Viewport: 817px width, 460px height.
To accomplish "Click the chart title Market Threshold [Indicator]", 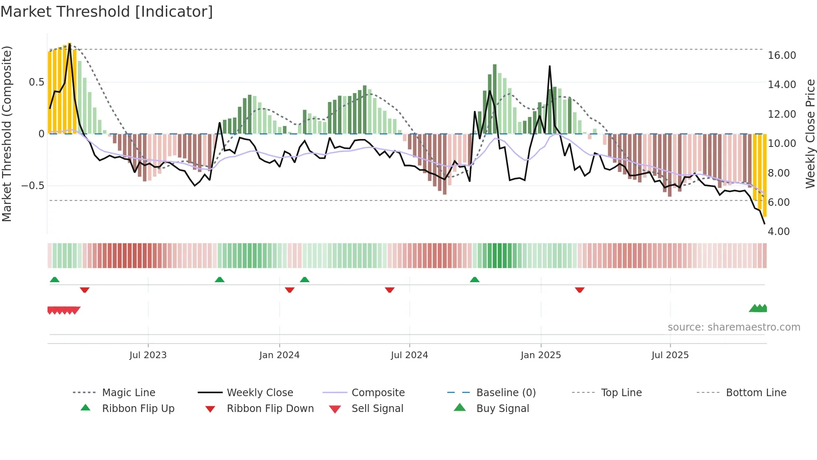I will pyautogui.click(x=107, y=12).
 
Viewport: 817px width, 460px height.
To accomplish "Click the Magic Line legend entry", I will pyautogui.click(x=128, y=392).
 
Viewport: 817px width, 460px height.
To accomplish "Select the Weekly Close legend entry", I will pyautogui.click(x=260, y=392).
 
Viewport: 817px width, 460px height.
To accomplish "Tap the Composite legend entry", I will pyautogui.click(x=378, y=392).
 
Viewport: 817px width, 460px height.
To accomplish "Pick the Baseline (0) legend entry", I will pyautogui.click(x=506, y=392).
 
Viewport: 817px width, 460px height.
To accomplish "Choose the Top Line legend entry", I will pyautogui.click(x=621, y=392).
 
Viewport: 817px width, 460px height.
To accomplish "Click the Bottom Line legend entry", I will pyautogui.click(x=756, y=392).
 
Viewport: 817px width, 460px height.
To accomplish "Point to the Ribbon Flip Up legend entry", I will pyautogui.click(x=138, y=408).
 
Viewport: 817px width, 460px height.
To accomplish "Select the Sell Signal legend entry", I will pyautogui.click(x=377, y=408).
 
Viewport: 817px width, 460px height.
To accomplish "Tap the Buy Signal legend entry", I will pyautogui.click(x=502, y=408).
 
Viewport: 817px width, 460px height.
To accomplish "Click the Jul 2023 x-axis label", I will pyautogui.click(x=148, y=355).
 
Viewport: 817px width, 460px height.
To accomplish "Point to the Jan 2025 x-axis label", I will pyautogui.click(x=541, y=355).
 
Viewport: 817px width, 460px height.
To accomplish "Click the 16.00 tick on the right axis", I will pyautogui.click(x=782, y=55).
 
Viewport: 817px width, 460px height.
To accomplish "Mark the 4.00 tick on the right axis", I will pyautogui.click(x=779, y=231).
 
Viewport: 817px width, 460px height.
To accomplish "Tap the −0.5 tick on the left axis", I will pyautogui.click(x=33, y=185).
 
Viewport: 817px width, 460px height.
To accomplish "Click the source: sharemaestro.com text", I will pyautogui.click(x=734, y=327).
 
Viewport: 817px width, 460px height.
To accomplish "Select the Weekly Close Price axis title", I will pyautogui.click(x=810, y=134).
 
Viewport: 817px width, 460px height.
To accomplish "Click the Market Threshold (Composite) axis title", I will pyautogui.click(x=7, y=134).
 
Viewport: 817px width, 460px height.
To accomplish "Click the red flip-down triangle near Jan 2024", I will pyautogui.click(x=290, y=290).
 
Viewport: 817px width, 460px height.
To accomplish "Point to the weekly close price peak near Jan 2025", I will pyautogui.click(x=550, y=66).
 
